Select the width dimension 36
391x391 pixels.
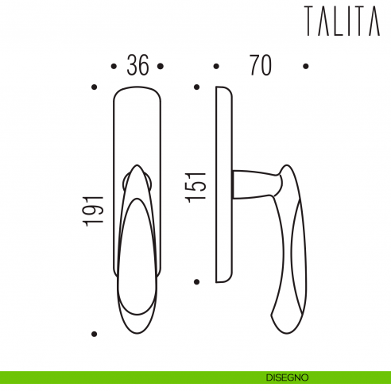tap(138, 66)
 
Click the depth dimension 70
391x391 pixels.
tap(259, 66)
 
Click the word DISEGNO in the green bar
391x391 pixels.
tap(288, 377)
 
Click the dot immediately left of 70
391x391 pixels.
tap(215, 66)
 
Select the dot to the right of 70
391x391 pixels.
tap(306, 66)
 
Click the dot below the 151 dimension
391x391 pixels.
tap(198, 281)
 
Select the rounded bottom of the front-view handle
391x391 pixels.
tap(138, 316)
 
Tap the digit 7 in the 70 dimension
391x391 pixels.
tap(252, 66)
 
